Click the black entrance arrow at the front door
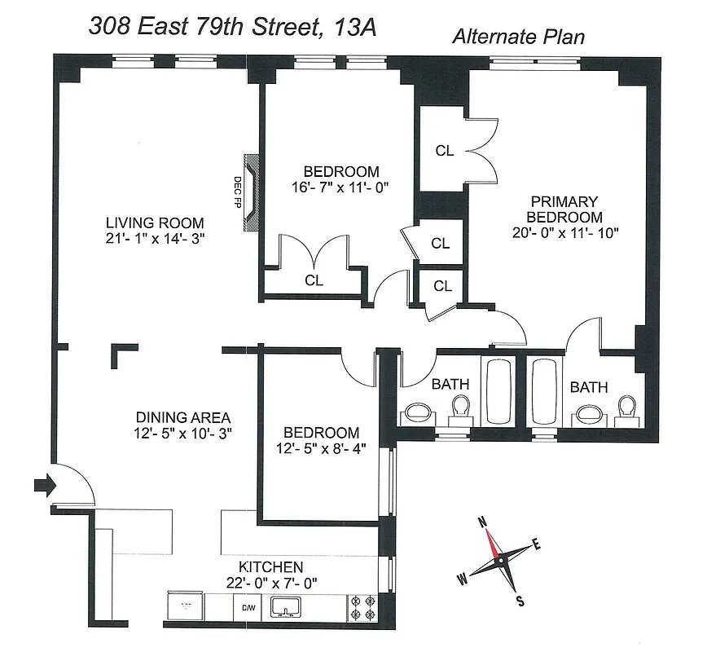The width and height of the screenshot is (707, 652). point(42,487)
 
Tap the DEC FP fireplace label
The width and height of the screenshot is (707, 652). point(239,192)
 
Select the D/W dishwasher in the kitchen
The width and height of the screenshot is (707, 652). point(246,607)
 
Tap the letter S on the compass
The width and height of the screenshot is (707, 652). point(520,601)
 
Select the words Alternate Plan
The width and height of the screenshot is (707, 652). point(518,37)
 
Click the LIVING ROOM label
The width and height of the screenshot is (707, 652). point(155,222)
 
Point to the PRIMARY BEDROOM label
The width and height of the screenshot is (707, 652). point(564,209)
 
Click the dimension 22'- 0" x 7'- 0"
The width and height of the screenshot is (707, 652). point(270,584)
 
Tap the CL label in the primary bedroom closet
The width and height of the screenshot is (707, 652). point(444,151)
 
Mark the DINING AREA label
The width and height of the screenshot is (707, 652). point(182,416)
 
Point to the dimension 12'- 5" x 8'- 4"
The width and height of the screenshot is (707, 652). point(320,449)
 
